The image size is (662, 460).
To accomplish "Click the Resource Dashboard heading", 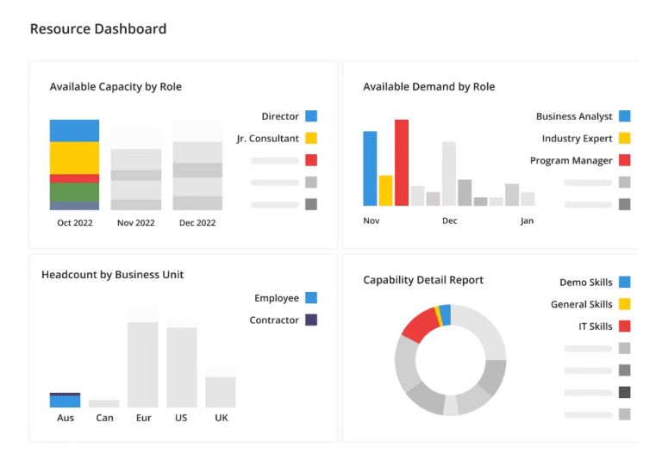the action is (x=98, y=28).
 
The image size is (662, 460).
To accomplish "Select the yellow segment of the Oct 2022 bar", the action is (x=74, y=158).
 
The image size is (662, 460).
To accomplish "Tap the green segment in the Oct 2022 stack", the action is (x=74, y=192).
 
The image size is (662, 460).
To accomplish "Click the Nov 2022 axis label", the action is (x=136, y=223).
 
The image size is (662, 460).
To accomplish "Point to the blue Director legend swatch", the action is (x=311, y=116).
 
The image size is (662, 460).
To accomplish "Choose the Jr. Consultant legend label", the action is (x=268, y=139).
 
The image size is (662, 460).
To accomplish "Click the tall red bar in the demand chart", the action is (x=402, y=163).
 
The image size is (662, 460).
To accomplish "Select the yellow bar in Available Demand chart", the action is (x=386, y=190).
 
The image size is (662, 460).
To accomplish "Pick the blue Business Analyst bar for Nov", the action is (x=370, y=168).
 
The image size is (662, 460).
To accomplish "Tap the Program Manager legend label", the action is (x=571, y=160).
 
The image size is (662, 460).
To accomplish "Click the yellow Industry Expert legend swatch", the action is (x=624, y=138).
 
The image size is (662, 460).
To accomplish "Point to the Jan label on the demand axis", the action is (x=527, y=221).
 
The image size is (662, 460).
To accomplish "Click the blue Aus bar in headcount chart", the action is (x=65, y=401).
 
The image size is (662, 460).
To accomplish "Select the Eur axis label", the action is (x=144, y=418).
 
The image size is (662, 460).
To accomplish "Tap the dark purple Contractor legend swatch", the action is (x=311, y=320).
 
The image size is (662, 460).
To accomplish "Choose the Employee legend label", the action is (x=277, y=298).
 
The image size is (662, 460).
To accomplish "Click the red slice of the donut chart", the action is (x=421, y=325).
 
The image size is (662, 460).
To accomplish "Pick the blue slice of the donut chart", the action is (x=446, y=314).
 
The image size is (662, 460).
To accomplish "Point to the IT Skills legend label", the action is (x=596, y=326).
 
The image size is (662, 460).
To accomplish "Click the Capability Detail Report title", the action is (x=423, y=280).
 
